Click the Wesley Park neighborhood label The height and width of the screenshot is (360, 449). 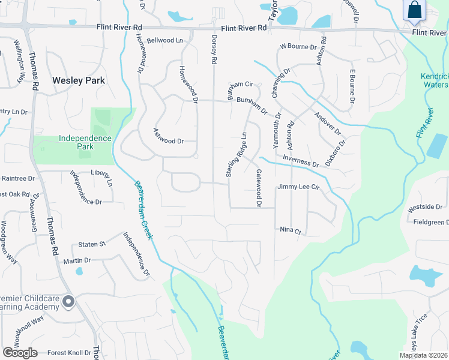[x=79, y=80]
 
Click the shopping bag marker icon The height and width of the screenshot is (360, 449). [x=415, y=10]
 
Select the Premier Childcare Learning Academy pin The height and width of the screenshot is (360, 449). [x=68, y=302]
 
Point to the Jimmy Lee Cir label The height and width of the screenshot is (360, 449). [x=298, y=187]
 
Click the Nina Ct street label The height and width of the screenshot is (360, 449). [x=290, y=230]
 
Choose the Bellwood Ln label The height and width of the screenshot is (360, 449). [x=164, y=40]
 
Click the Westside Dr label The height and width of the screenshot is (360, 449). [x=425, y=207]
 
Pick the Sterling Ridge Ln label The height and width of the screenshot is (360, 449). [x=237, y=154]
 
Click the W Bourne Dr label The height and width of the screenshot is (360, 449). [x=298, y=47]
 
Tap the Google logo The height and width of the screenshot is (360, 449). [x=20, y=353]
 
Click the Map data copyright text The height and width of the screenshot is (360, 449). [x=423, y=355]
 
